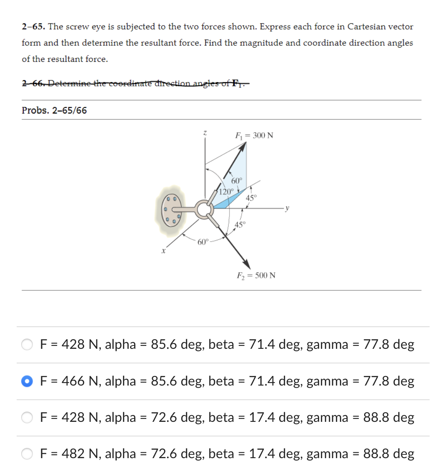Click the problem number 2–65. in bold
pyautogui.click(x=34, y=27)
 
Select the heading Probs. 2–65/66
pyautogui.click(x=54, y=111)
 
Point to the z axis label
pyautogui.click(x=205, y=132)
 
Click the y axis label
pyautogui.click(x=287, y=208)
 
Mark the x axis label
pyautogui.click(x=164, y=252)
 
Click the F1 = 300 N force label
pyautogui.click(x=254, y=136)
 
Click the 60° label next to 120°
pyautogui.click(x=236, y=181)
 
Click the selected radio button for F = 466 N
pyautogui.click(x=27, y=381)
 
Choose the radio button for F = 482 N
pyautogui.click(x=27, y=454)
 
